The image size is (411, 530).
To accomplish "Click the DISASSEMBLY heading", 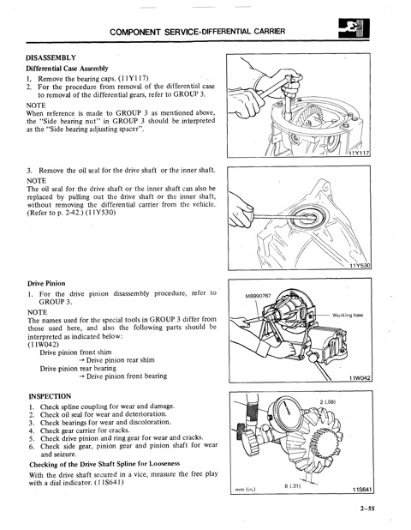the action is click(51, 57).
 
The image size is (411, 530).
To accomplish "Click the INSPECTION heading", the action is click(50, 396).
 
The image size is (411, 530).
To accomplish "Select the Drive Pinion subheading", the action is click(46, 283).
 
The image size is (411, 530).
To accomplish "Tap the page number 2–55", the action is click(367, 508).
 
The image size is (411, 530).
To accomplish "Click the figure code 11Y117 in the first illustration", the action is click(360, 154).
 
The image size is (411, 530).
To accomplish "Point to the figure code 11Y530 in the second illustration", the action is click(360, 266).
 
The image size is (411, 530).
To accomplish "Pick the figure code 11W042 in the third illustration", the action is click(360, 378).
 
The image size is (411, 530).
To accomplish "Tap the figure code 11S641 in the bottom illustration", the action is click(361, 490).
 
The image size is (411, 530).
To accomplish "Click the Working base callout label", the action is click(348, 315).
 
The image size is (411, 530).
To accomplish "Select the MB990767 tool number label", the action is click(258, 296).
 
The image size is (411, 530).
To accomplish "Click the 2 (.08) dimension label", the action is click(327, 402).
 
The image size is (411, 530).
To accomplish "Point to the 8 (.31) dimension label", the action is click(292, 485).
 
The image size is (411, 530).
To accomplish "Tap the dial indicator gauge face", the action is click(286, 411).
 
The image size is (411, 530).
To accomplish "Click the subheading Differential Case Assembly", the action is click(67, 69).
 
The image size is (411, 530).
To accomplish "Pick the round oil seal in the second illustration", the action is click(307, 217).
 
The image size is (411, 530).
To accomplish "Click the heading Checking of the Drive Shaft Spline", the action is click(104, 464).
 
